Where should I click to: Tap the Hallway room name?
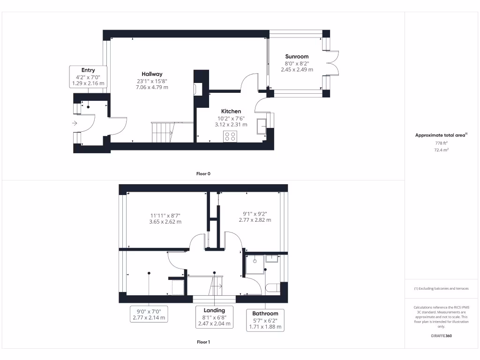point(152,74)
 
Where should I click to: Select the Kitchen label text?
point(231,111)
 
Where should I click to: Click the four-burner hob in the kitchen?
point(230,136)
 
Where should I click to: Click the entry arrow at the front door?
point(75,123)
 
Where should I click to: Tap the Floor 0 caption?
point(203,174)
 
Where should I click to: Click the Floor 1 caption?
point(203,342)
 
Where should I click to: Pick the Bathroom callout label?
point(265,320)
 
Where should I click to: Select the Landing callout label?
point(214,317)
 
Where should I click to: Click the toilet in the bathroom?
point(272,287)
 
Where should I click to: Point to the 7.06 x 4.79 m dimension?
point(152,87)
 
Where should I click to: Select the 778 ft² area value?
point(441,143)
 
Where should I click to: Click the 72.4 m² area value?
point(441,150)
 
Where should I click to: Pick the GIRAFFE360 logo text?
point(441,336)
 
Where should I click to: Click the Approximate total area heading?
point(441,135)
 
